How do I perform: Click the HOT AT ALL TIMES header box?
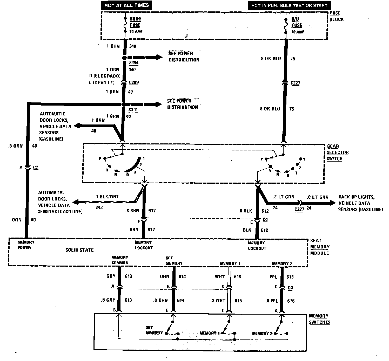tap(126, 5)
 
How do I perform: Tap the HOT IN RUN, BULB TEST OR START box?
tap(289, 5)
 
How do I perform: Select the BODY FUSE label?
tap(135, 22)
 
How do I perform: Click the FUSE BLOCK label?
tap(336, 16)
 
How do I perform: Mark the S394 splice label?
tap(134, 63)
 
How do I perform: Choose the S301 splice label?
tap(133, 110)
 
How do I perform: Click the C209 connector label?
tap(134, 83)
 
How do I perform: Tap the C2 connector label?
tap(36, 168)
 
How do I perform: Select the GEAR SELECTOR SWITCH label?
tap(337, 152)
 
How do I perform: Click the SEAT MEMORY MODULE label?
tap(319, 247)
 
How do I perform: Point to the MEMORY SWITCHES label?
tap(319, 319)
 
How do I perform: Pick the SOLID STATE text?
tap(79, 250)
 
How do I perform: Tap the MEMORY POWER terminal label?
tap(26, 245)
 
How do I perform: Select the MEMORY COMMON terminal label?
tap(120, 260)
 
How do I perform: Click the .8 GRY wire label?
tap(108, 300)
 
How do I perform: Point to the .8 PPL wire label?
tap(271, 301)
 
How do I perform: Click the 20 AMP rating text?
tap(136, 32)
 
